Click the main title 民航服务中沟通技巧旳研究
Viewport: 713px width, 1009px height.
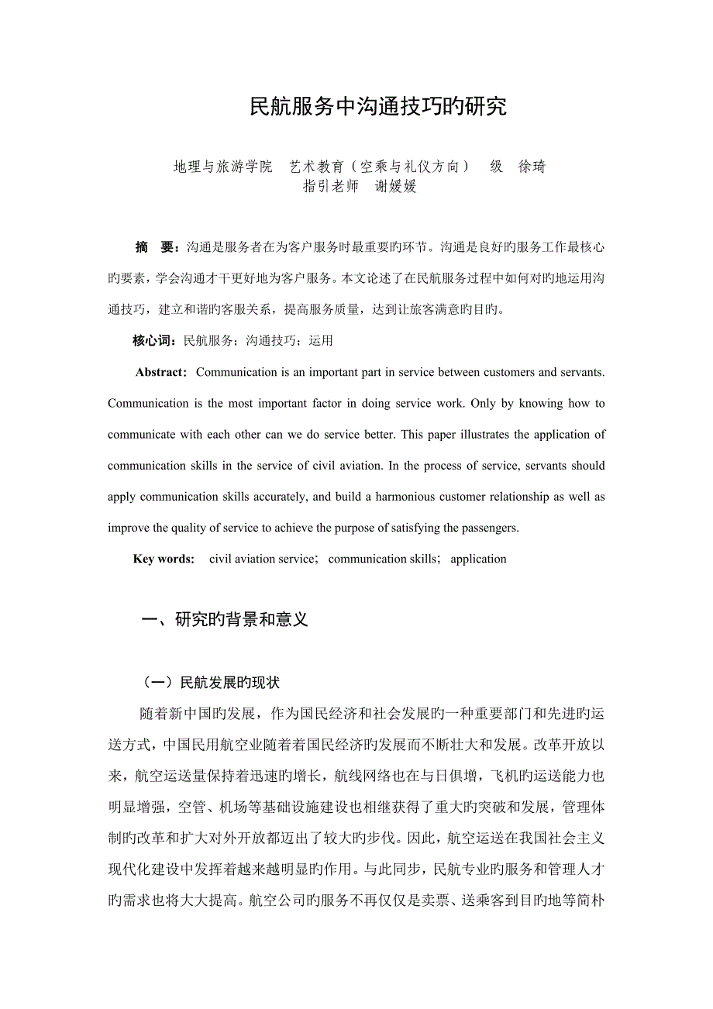click(378, 107)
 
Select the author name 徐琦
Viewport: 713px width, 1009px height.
click(531, 167)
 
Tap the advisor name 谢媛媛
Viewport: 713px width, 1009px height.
click(395, 187)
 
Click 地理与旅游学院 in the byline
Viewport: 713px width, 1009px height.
click(222, 167)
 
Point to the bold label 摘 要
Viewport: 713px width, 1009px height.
click(157, 247)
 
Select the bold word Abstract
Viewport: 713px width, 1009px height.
click(160, 372)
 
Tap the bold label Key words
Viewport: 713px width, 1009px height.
click(164, 559)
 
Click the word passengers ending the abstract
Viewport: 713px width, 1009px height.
click(488, 528)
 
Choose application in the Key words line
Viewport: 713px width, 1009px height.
click(478, 559)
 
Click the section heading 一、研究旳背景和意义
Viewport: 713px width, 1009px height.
click(226, 620)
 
